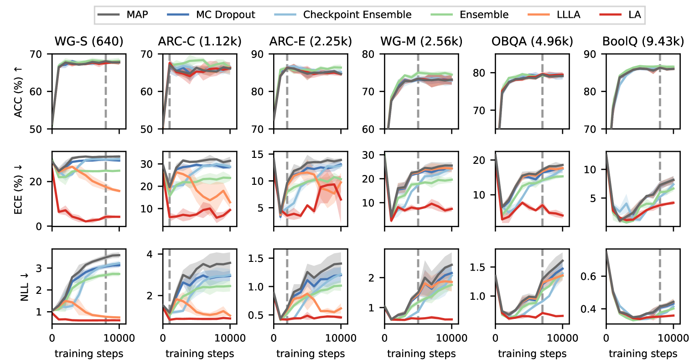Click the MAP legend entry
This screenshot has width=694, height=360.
pos(137,15)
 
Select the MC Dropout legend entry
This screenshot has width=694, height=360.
pos(225,15)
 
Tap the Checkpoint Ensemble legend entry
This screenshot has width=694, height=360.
pos(357,15)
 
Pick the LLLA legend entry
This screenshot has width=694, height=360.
pos(568,15)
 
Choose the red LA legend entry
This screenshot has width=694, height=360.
pos(634,15)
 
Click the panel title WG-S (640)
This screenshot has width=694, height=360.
pos(89,42)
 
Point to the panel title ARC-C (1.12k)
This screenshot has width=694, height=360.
pos(200,42)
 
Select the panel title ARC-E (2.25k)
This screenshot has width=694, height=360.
pos(311,42)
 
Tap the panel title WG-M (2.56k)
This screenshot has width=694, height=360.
pos(421,42)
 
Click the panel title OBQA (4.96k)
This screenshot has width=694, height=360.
pos(532,42)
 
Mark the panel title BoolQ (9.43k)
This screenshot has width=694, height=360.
pos(643,42)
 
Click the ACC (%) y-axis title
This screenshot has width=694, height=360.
pos(18,92)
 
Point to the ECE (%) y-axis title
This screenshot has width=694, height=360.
pos(18,189)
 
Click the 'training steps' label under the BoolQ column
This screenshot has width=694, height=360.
pos(643,354)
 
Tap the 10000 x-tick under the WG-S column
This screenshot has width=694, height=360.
pos(119,338)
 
